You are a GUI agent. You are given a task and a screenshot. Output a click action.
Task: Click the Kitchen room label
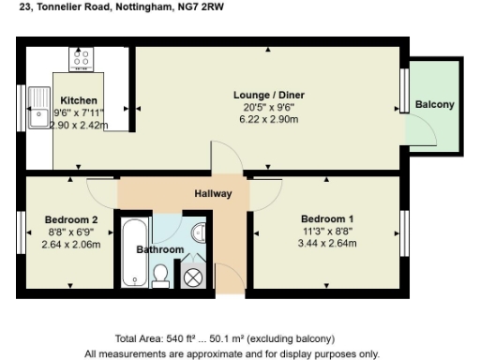(79, 100)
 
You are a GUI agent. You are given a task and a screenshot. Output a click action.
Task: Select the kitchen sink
(40, 105)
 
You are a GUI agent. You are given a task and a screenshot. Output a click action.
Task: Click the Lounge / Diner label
(269, 96)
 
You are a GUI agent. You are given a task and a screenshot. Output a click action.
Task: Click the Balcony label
(434, 104)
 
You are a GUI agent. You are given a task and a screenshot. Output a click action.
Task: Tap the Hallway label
(213, 194)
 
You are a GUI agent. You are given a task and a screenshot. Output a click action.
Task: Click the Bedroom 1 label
(326, 218)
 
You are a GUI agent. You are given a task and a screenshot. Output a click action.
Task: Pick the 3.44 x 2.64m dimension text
(326, 243)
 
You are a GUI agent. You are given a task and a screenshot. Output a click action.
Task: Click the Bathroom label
(159, 250)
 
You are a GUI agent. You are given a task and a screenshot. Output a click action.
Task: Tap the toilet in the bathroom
(160, 274)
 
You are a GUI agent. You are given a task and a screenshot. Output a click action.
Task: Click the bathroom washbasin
(198, 232)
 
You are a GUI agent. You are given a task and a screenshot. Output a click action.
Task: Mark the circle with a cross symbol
(193, 277)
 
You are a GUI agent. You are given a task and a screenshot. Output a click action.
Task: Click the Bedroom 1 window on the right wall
(406, 225)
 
